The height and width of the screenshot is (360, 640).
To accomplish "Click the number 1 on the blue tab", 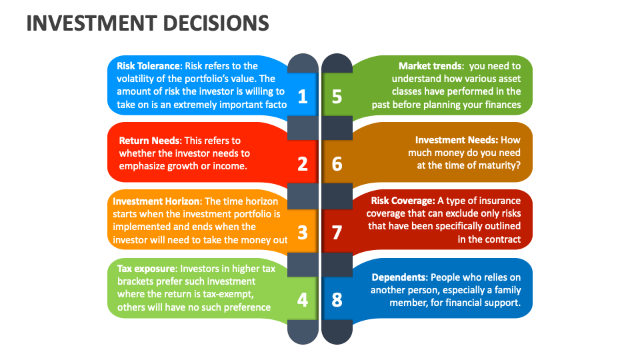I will pyautogui.click(x=303, y=97).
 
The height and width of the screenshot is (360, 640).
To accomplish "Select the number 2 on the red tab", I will pyautogui.click(x=303, y=163).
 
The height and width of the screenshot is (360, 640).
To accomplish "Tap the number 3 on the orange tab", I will pyautogui.click(x=303, y=232).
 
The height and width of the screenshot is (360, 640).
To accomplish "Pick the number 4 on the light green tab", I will pyautogui.click(x=303, y=300).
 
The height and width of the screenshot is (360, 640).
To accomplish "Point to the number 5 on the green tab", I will pyautogui.click(x=337, y=97).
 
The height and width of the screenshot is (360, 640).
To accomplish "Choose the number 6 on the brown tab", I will pyautogui.click(x=337, y=163).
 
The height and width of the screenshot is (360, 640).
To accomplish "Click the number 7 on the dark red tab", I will pyautogui.click(x=337, y=232).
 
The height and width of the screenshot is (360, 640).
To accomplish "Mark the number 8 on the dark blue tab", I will pyautogui.click(x=337, y=300).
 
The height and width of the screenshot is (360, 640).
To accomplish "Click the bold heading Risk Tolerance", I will pyautogui.click(x=149, y=66).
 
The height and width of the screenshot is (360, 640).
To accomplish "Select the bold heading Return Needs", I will pyautogui.click(x=149, y=141).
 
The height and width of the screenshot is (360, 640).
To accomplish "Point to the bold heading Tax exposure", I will pyautogui.click(x=145, y=269).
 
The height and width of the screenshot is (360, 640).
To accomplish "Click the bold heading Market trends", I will pyautogui.click(x=431, y=66).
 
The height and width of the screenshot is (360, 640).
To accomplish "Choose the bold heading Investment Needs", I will pyautogui.click(x=456, y=141).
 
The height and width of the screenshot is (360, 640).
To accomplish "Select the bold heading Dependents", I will pyautogui.click(x=399, y=277).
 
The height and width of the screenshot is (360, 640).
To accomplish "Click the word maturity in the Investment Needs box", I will pyautogui.click(x=494, y=166).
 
